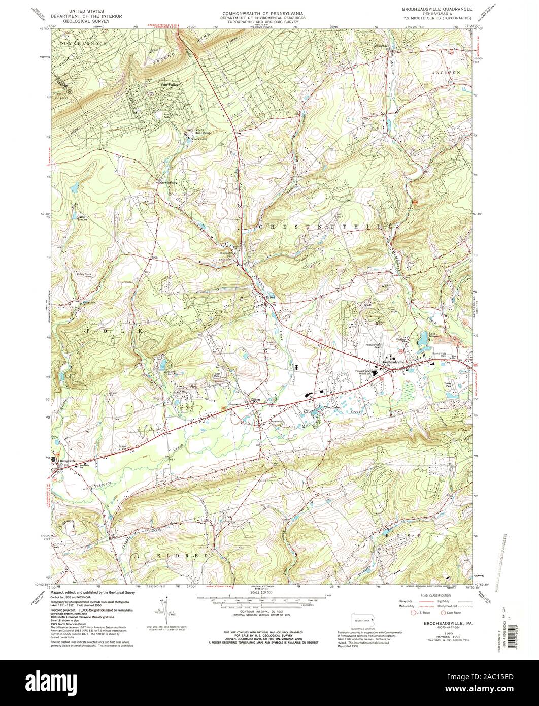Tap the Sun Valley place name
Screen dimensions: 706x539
pyautogui.click(x=170, y=85)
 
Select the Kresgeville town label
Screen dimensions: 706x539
pyautogui.click(x=68, y=461)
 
